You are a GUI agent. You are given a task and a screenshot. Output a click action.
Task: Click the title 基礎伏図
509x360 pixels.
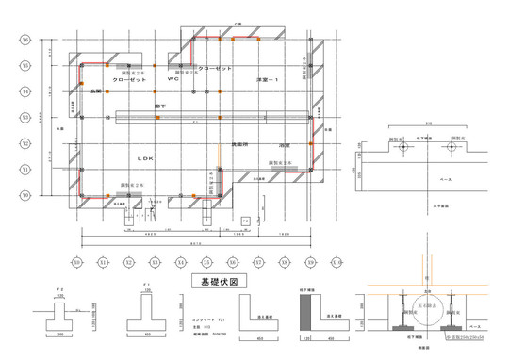(219, 281)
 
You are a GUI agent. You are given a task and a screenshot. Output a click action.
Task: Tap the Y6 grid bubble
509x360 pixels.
(25, 41)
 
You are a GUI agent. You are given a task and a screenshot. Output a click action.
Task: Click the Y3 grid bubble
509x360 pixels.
(25, 118)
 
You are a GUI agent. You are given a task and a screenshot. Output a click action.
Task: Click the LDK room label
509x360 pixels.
(144, 158)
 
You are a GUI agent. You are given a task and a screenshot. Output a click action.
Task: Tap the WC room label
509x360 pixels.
(172, 80)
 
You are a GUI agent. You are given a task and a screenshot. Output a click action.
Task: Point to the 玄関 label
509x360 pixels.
(96, 91)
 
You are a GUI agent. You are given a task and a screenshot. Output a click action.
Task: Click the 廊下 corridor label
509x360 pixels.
(160, 108)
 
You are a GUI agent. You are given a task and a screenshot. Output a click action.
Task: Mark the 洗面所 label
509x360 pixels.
(239, 144)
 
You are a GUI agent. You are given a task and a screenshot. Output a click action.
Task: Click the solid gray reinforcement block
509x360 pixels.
(305, 315)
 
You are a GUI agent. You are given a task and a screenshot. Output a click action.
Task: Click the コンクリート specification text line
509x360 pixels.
(208, 320)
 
